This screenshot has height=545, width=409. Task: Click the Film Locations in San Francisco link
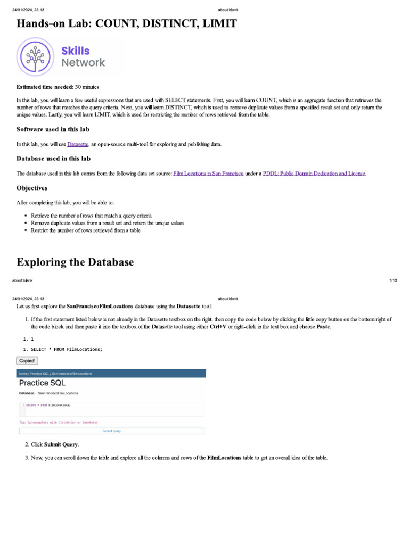[208, 174]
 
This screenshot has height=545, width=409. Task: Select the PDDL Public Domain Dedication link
[314, 174]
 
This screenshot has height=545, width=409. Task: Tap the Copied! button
[27, 361]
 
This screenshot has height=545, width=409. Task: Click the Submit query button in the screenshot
[112, 431]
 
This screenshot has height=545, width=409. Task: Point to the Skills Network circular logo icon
[35, 56]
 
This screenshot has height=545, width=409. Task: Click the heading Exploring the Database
[75, 262]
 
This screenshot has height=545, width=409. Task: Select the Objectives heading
[32, 188]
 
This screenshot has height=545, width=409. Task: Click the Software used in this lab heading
[53, 129]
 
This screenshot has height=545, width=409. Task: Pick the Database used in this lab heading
[53, 159]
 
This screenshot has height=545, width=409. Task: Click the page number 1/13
[393, 280]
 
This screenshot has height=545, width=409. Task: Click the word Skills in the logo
[76, 51]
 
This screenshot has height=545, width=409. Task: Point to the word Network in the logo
[83, 63]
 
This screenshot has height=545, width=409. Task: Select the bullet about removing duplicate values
[108, 223]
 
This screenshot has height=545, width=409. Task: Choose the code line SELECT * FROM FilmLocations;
[66, 349]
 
